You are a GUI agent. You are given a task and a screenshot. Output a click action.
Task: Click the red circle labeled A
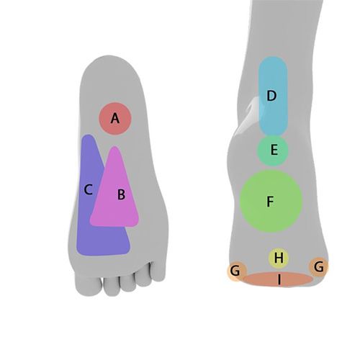click(115, 119)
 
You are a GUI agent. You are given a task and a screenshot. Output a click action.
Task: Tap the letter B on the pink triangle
click(121, 194)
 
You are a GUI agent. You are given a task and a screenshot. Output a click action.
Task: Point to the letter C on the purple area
click(89, 189)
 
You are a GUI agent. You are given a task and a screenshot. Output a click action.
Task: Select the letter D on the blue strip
click(271, 96)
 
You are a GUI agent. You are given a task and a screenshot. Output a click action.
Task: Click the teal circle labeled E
click(273, 150)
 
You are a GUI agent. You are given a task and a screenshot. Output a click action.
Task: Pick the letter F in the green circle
click(270, 202)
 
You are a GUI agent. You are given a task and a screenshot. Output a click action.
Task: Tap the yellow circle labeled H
click(279, 258)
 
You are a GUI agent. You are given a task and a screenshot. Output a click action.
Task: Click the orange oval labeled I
click(278, 279)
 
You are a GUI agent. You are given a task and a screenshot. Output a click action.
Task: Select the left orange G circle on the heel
click(237, 271)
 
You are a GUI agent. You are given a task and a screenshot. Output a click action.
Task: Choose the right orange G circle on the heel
click(319, 267)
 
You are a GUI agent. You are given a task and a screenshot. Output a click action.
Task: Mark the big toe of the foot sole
click(89, 284)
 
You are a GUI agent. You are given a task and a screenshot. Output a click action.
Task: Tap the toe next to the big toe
click(112, 286)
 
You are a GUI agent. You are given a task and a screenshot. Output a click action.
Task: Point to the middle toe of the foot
click(128, 282)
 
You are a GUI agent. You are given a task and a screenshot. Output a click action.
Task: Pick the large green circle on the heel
click(271, 201)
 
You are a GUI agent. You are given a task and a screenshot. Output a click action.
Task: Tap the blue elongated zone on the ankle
click(273, 96)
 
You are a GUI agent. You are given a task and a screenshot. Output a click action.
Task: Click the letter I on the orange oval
click(279, 279)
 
